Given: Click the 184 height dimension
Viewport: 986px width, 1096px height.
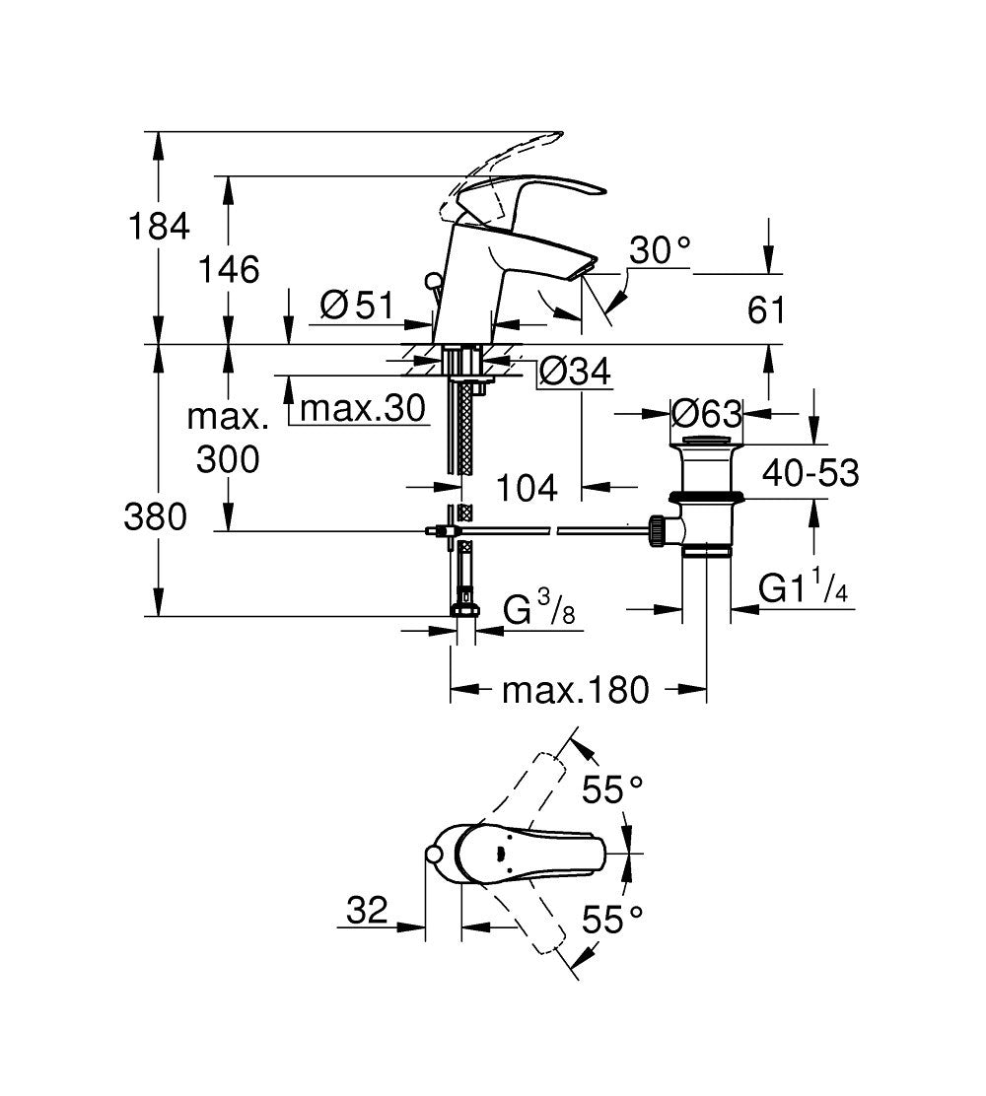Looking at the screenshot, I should click(159, 226).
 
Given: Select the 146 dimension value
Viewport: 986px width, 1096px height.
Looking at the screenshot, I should click(229, 268).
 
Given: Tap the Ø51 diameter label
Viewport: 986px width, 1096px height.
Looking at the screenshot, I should click(357, 307).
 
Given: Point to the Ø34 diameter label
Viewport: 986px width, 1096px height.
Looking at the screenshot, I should click(577, 373).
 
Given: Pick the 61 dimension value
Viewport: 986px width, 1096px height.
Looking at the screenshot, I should click(768, 310).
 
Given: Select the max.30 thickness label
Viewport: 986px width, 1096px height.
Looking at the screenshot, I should click(361, 407).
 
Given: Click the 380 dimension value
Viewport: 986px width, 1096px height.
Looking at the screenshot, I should click(155, 516).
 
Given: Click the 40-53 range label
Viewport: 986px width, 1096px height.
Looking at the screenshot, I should click(810, 473).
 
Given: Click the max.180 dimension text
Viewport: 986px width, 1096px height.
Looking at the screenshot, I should click(576, 690).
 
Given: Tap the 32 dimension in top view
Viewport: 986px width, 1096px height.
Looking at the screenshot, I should click(367, 912).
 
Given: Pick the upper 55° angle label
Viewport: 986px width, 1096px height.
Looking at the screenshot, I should click(611, 788).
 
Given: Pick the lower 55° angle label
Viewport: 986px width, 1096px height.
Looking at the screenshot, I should click(611, 921).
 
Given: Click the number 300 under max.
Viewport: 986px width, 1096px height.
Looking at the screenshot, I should click(228, 459).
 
